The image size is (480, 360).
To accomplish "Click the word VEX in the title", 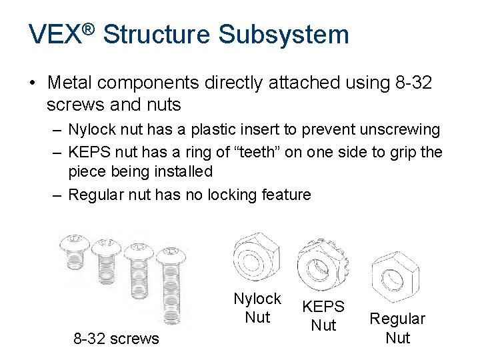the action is (55, 34).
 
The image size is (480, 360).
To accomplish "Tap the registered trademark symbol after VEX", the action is (89, 30).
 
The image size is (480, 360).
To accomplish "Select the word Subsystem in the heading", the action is (283, 34).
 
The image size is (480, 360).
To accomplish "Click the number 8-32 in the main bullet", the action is (413, 83).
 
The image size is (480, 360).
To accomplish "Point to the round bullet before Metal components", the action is (33, 83).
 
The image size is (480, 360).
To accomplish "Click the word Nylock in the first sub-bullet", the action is (92, 129).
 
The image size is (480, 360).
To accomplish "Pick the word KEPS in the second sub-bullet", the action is (89, 152).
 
